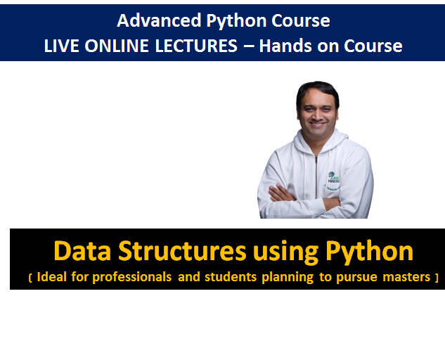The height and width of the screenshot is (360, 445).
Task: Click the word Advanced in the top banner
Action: coord(159,20)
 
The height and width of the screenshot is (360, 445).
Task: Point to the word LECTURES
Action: coord(196,46)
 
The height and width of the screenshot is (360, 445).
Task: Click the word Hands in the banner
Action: coord(285,46)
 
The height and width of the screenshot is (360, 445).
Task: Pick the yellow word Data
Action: coord(82,251)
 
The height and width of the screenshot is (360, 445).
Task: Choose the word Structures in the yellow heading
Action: coord(182,251)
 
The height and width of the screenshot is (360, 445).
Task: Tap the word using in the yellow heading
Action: coord(286,252)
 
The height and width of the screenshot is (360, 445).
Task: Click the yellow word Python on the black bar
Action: coord(369,252)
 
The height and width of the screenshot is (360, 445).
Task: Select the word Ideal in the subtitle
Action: coord(52,277)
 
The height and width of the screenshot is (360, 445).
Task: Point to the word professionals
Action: coord(132,277)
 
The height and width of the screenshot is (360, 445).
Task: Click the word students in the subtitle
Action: coord(231,277)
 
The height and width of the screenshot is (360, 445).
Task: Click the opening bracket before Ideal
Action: coord(30,278)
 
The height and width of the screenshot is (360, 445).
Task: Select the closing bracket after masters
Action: coord(437,278)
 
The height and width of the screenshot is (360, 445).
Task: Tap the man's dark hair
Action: coord(317,91)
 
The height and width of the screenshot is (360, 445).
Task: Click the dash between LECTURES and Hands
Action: coord(249,46)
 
